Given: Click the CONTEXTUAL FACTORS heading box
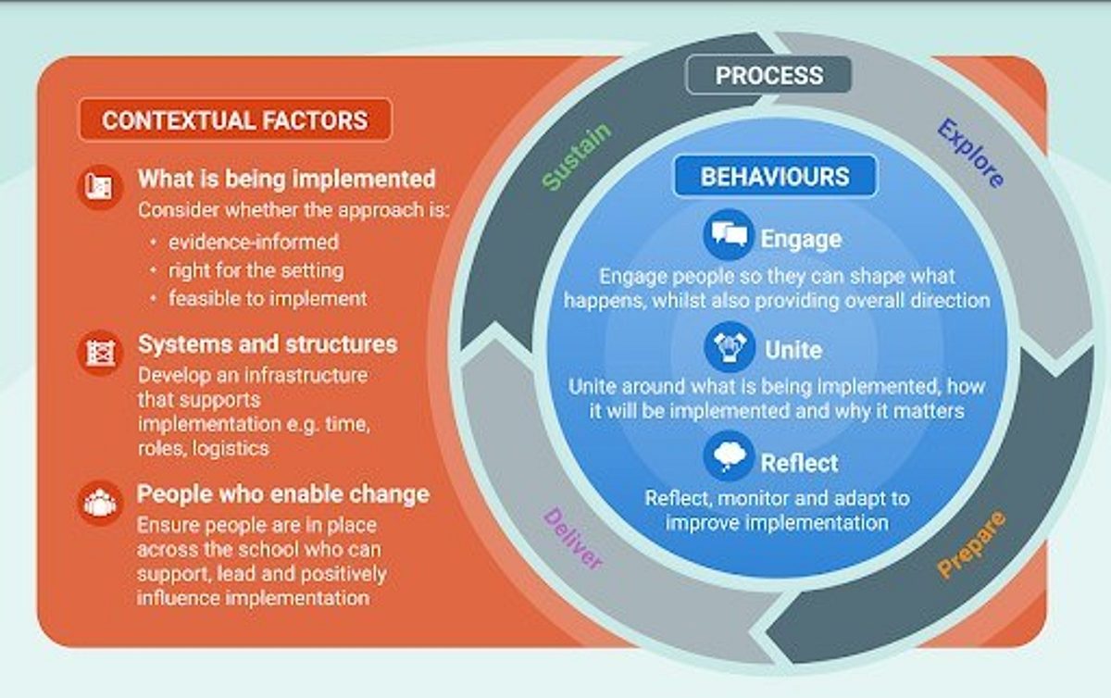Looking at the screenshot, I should pos(235,120).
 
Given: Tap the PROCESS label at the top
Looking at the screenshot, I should pos(768,75).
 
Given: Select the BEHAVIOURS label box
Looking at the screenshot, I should pos(774,176).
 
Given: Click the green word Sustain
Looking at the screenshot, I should pos(576,157).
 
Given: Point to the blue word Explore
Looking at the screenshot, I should pos(970,154).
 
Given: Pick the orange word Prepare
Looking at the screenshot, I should pos(971,545).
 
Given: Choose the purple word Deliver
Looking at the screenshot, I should pos(573,539).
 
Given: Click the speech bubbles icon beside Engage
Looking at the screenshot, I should pos(728,235).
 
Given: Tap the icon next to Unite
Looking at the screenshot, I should pos(728,347).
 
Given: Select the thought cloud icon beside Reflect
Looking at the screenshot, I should pos(728,457).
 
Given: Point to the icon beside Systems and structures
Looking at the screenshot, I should pos(99,353).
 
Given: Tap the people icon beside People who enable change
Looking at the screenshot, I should pos(99,503).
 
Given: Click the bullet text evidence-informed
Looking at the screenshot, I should pos(253,242).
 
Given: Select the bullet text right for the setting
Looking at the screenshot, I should pos(256,270).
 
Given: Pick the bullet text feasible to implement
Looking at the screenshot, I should pos(268,298).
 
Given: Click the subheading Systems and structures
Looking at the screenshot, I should pos(268,344).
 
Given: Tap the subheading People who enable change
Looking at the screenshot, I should pos(283,493).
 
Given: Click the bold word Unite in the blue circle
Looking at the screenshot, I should pos(793,350).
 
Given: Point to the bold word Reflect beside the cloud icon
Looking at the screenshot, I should pos(799,462).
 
